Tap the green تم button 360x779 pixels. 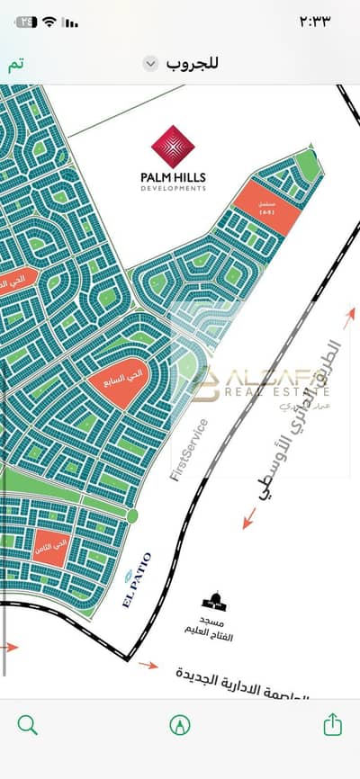(16, 65)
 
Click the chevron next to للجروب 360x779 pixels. (151, 64)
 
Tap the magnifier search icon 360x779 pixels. (28, 724)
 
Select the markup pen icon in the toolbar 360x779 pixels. (180, 724)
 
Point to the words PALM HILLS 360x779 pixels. (180, 176)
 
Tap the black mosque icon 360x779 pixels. (214, 601)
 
